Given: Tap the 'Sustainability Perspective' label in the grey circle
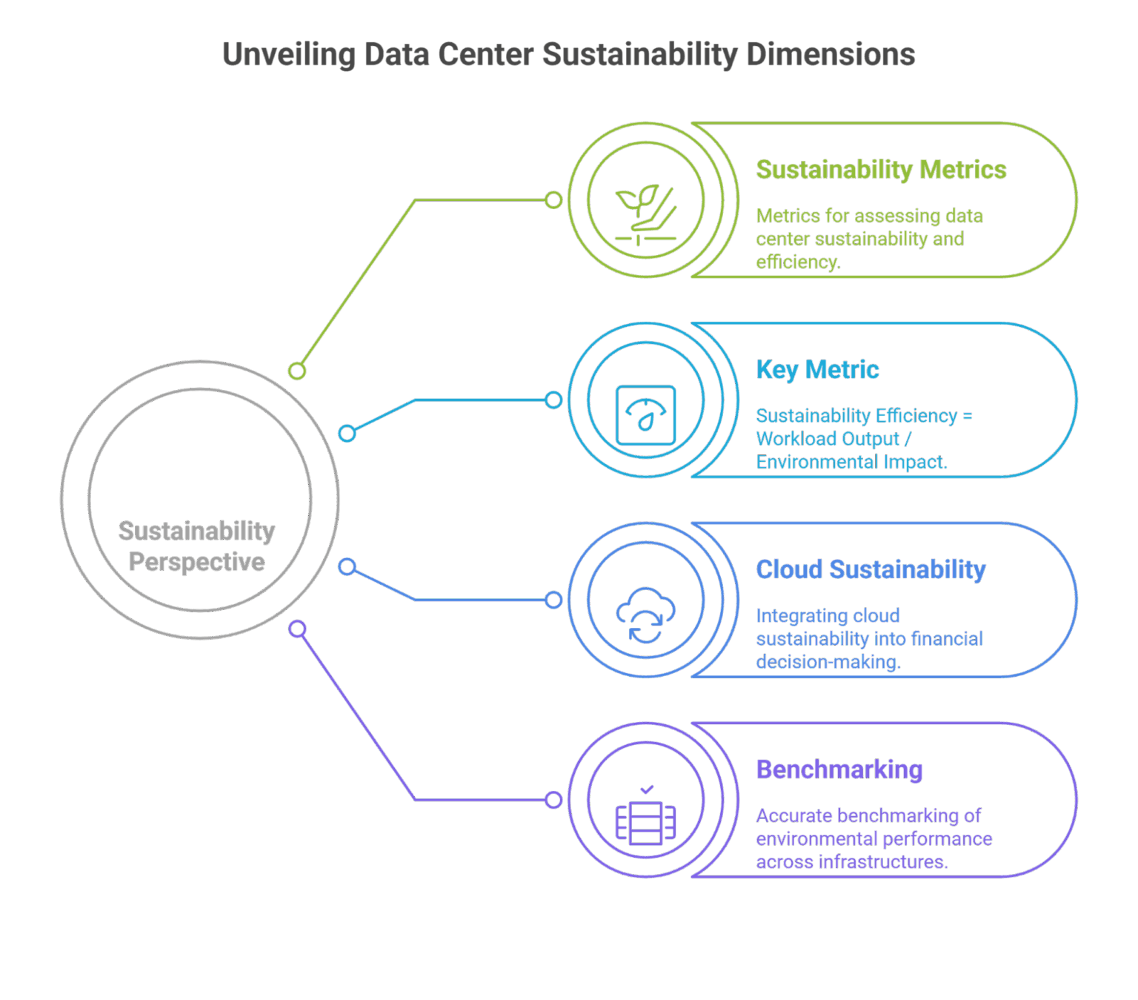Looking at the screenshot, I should point(196,546).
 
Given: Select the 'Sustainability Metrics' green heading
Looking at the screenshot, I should point(881,170).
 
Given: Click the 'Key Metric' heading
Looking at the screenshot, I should point(817,369).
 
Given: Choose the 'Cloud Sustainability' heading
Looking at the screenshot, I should point(871,569).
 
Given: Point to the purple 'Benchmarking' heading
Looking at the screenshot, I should point(839,769).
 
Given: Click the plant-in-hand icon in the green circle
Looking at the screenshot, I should point(645,214).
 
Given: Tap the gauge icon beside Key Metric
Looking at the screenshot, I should point(645,415).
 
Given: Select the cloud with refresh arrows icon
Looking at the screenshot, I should point(645,615).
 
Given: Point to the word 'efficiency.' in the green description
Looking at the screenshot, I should point(798,262).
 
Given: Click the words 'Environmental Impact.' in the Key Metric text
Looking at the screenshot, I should point(851,462).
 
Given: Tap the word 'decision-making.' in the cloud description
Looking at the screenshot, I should point(828,662).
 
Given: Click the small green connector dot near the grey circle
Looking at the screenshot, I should point(297,371).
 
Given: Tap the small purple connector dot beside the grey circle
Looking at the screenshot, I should point(297,629).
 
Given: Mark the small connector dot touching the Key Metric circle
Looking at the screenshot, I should point(553,400).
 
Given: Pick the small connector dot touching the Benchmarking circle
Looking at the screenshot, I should point(553,800).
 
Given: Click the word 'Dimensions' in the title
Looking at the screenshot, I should point(830,55).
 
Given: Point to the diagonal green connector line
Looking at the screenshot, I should point(356,285).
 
